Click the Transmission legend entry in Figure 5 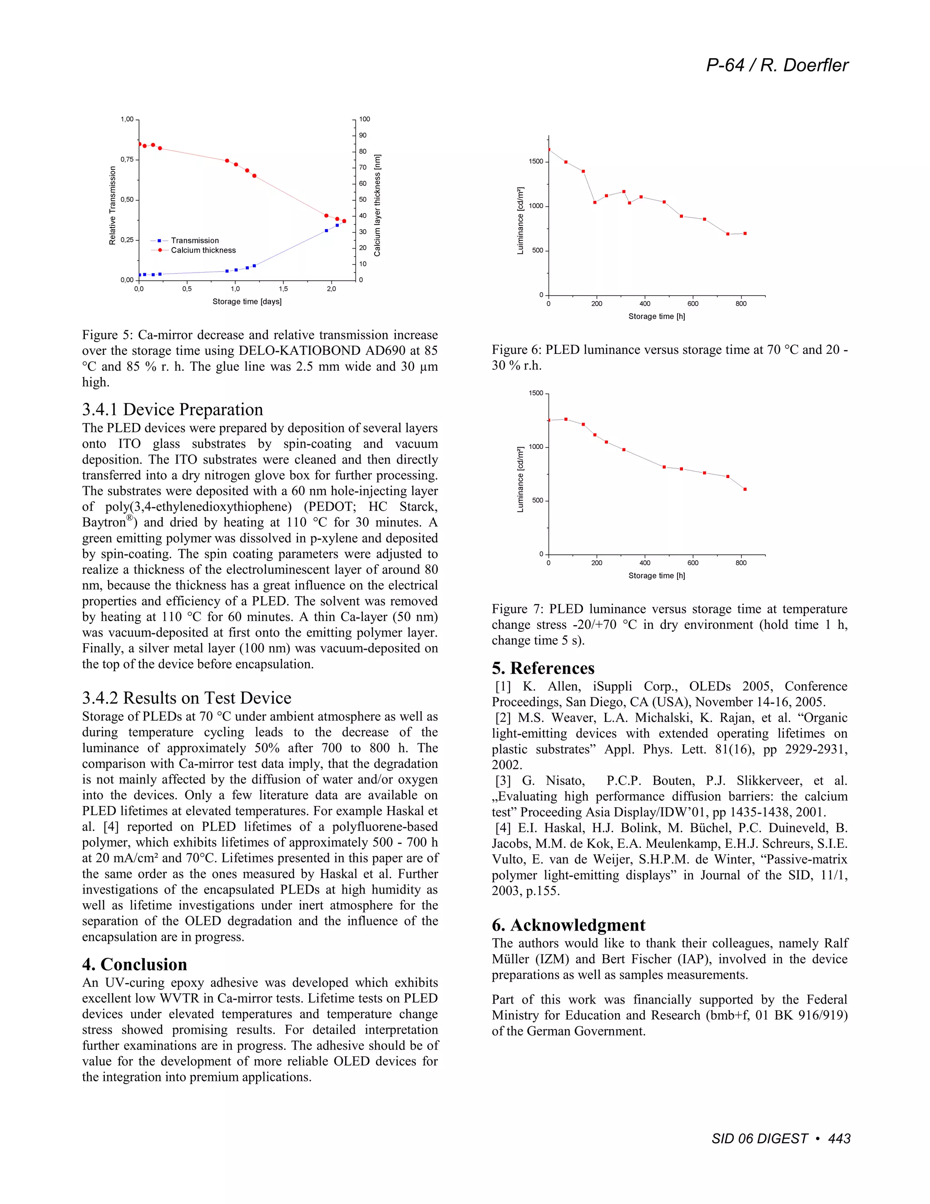coord(194,240)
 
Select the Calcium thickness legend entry coord(203,250)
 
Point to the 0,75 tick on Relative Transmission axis coord(127,159)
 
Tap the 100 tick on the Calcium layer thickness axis coord(365,119)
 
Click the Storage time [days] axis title coord(247,302)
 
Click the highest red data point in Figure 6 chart coord(549,149)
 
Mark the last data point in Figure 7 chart coord(745,489)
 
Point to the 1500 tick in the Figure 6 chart coord(535,162)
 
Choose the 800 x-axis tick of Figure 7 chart coord(741,563)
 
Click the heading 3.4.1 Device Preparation coord(173,410)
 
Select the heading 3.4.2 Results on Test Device coord(186,698)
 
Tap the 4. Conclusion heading coord(134,964)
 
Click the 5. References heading coord(543,668)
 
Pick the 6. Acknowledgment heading coord(568,925)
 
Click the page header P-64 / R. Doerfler coord(777,65)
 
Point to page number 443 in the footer coord(839,1139)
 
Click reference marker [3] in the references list coord(503,781)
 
